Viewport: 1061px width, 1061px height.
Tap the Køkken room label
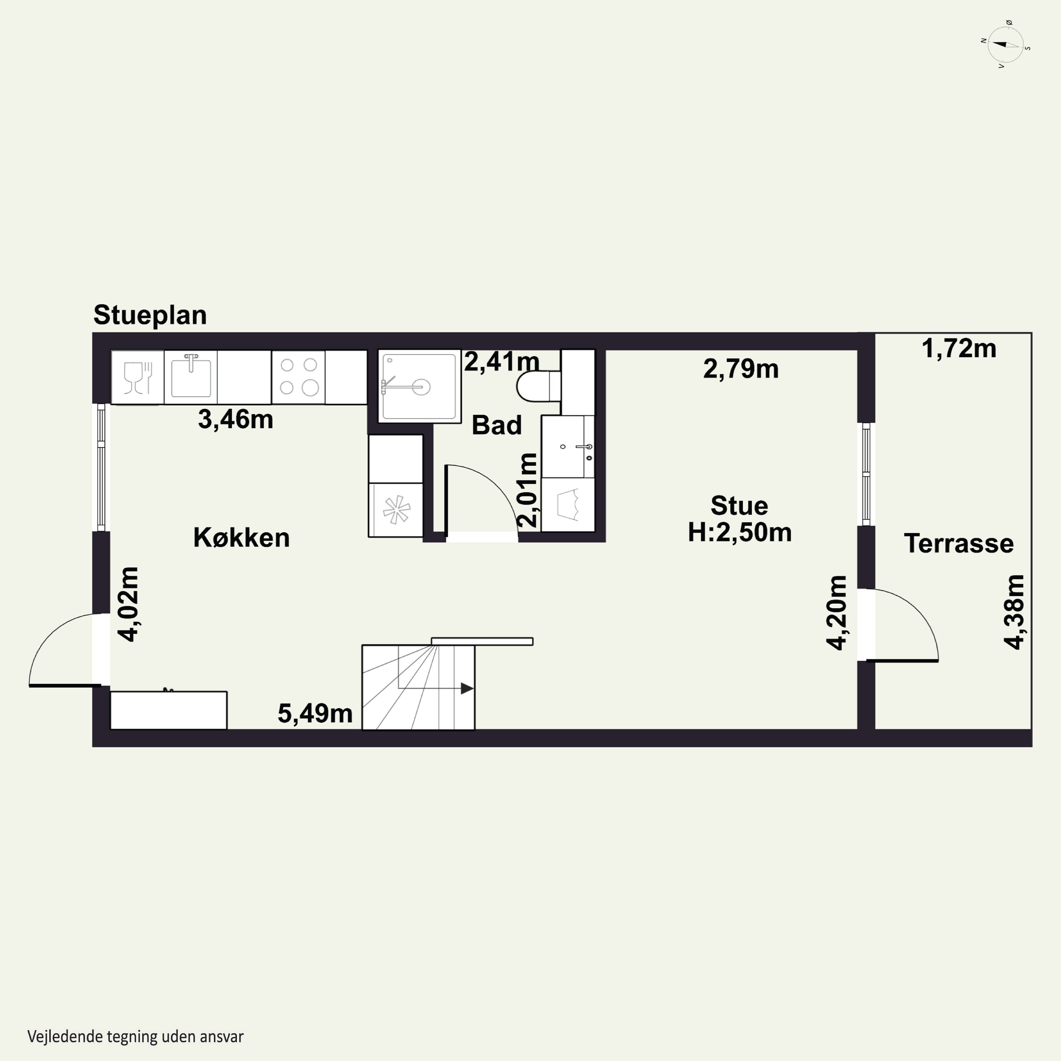[242, 538]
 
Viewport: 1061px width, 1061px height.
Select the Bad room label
[497, 425]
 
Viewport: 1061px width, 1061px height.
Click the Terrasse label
[959, 544]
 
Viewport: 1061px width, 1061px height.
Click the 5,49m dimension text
[315, 713]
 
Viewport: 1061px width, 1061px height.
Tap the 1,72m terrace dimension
[959, 349]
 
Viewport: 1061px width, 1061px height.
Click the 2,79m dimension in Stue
[741, 369]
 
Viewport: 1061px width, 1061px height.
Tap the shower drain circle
[421, 387]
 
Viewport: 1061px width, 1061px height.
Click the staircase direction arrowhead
[467, 688]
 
